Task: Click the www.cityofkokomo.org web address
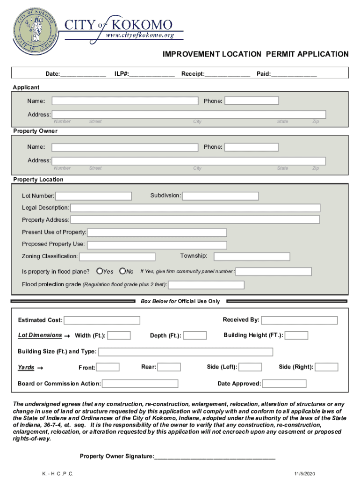point(140,36)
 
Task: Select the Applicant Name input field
point(125,101)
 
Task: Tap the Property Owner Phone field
point(252,147)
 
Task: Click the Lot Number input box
point(94,196)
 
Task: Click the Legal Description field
point(195,208)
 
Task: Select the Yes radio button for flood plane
point(100,271)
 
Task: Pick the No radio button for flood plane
point(122,271)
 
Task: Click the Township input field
point(252,256)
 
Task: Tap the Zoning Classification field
point(117,257)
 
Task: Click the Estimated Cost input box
point(102,320)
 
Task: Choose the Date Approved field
point(284,384)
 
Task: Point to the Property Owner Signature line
point(215,456)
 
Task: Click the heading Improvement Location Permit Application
point(255,54)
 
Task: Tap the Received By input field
point(299,320)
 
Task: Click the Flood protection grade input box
point(207,285)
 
